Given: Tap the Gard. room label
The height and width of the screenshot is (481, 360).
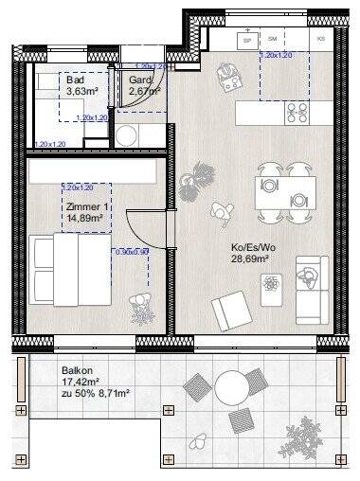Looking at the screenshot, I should [x=140, y=80].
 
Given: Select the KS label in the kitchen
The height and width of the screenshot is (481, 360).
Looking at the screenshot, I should [x=321, y=40].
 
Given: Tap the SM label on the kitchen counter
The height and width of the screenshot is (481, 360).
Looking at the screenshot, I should [x=275, y=40].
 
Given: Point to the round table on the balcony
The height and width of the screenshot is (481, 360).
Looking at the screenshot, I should [x=231, y=387].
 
